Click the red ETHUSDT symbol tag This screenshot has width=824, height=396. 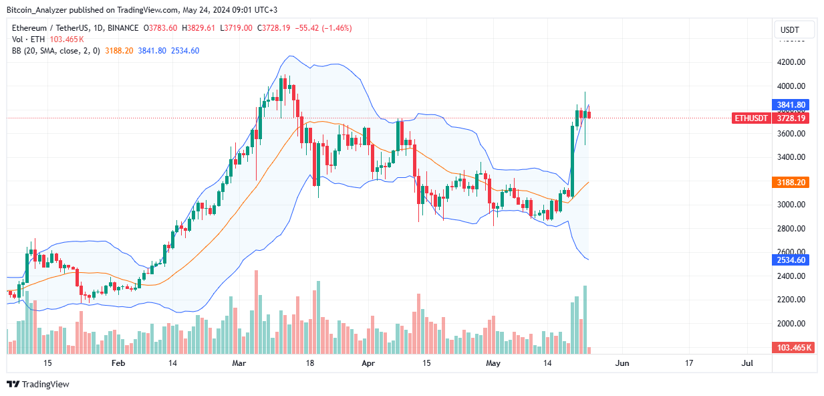pos(750,118)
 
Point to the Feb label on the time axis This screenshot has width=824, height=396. pos(118,363)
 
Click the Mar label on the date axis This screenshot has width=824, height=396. pos(239,363)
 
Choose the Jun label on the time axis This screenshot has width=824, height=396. pos(622,363)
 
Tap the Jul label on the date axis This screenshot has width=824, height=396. pos(747,363)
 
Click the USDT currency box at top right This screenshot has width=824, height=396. pos(794,30)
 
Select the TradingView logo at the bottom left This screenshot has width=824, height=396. pos(38,384)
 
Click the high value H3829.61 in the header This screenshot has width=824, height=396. pos(200,27)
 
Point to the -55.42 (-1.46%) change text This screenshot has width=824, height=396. pos(323,27)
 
